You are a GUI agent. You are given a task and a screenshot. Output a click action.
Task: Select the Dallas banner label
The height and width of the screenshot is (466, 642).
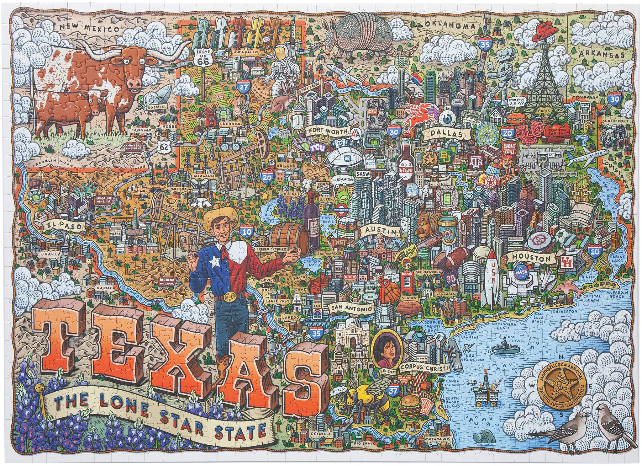click(446, 134)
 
